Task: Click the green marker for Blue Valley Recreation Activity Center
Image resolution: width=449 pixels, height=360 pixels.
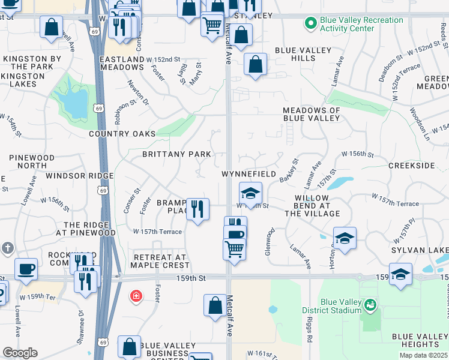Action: [x=310, y=25]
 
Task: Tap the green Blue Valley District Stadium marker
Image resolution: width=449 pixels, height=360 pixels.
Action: [x=370, y=305]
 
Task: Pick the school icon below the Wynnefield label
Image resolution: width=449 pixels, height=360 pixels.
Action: [x=251, y=193]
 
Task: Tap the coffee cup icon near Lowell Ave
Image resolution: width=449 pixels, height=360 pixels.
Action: [x=26, y=269]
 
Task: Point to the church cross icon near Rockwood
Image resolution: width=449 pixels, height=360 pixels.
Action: [x=8, y=248]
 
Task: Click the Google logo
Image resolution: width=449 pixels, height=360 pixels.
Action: [x=20, y=352]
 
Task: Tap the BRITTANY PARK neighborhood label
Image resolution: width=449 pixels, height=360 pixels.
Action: [x=176, y=154]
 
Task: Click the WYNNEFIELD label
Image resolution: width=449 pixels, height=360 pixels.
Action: [x=249, y=174]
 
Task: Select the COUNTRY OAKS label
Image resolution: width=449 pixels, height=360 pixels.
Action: [x=122, y=134]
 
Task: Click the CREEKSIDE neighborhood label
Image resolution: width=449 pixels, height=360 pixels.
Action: [x=411, y=165]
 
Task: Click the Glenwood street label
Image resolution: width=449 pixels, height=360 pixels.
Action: [x=270, y=241]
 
